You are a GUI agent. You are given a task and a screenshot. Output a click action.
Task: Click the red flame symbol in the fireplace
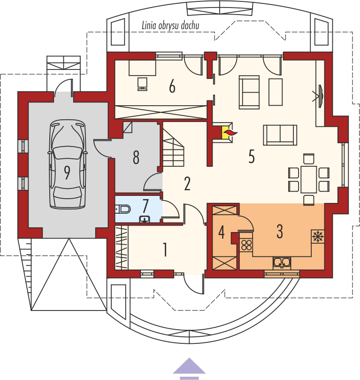click(230, 132)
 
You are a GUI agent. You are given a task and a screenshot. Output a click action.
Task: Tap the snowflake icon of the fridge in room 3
click(318, 236)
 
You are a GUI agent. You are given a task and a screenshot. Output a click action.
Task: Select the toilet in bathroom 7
click(123, 209)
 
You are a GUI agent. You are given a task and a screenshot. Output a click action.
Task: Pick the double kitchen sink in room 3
click(282, 263)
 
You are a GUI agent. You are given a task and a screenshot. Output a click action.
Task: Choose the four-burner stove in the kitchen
click(246, 245)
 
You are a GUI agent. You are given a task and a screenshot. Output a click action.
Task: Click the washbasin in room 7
click(145, 219)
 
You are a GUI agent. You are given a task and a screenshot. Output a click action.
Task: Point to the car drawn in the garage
click(68, 164)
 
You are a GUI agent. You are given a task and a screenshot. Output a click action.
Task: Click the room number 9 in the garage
click(67, 172)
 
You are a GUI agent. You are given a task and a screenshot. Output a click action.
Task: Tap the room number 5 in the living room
click(252, 156)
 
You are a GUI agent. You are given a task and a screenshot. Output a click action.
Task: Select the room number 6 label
click(172, 86)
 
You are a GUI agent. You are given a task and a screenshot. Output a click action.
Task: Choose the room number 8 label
click(136, 157)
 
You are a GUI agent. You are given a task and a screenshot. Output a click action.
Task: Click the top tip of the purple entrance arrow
click(189, 358)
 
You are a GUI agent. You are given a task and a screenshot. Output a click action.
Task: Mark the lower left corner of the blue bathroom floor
click(115, 222)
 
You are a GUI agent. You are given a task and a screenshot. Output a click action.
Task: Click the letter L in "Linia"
click(144, 25)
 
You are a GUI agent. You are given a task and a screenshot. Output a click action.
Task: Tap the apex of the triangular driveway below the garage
click(69, 239)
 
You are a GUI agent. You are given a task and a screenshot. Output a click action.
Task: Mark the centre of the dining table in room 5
click(309, 179)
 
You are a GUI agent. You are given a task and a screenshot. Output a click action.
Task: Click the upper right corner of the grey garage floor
click(108, 102)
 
